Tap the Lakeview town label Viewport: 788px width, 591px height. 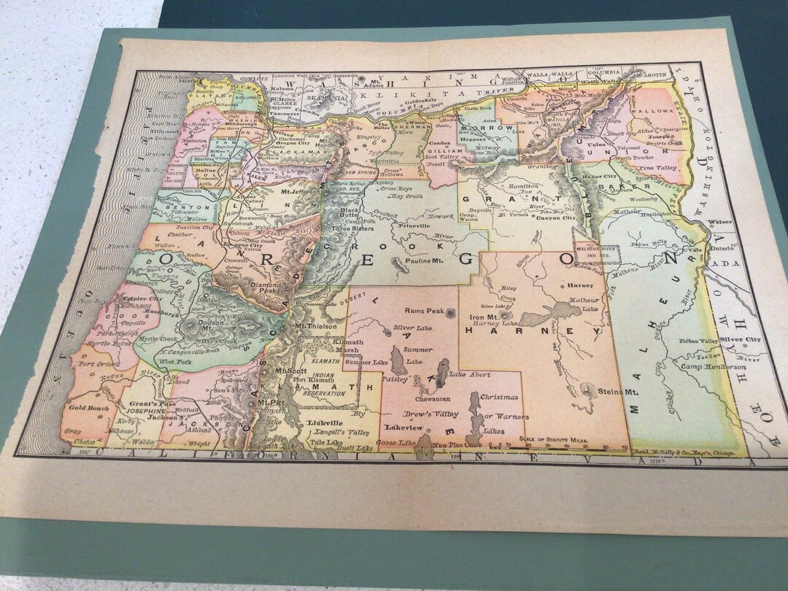(403, 428)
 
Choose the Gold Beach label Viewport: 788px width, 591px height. (90, 408)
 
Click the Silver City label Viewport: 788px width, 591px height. (740, 340)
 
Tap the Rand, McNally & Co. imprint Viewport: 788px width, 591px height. (678, 452)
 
